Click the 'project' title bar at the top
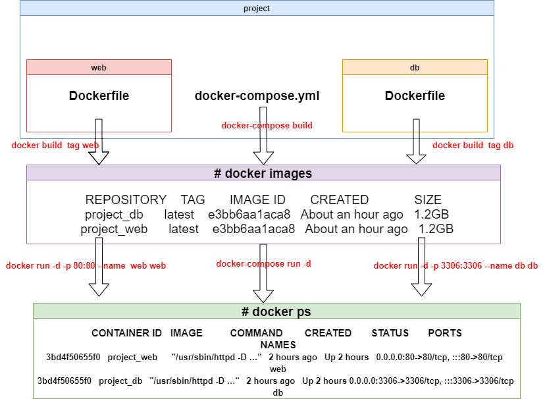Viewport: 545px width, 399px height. click(x=257, y=8)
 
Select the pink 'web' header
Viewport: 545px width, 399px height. click(x=99, y=67)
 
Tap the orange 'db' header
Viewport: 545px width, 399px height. click(x=415, y=67)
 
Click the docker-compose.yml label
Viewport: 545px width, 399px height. click(x=257, y=95)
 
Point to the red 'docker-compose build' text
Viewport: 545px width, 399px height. click(x=267, y=125)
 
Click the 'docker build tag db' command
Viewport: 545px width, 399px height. click(x=473, y=146)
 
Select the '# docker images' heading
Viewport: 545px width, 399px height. click(x=263, y=173)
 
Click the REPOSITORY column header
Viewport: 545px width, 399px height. click(x=126, y=200)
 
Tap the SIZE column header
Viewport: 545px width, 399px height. click(x=428, y=200)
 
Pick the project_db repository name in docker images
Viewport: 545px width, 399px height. click(x=114, y=215)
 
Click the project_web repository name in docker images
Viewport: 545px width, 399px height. click(x=114, y=229)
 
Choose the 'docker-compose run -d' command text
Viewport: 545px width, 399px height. click(x=263, y=264)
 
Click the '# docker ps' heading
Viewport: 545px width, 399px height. click(x=276, y=311)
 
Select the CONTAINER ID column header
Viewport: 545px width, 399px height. click(x=126, y=333)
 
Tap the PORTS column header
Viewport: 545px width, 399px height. click(x=445, y=333)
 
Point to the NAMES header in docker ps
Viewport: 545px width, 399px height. click(x=278, y=345)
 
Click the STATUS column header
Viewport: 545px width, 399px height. click(x=390, y=333)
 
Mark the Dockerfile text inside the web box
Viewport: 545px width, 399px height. click(x=99, y=95)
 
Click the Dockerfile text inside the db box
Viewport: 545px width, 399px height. click(x=415, y=95)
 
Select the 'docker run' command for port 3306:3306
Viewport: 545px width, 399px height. click(x=455, y=266)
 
